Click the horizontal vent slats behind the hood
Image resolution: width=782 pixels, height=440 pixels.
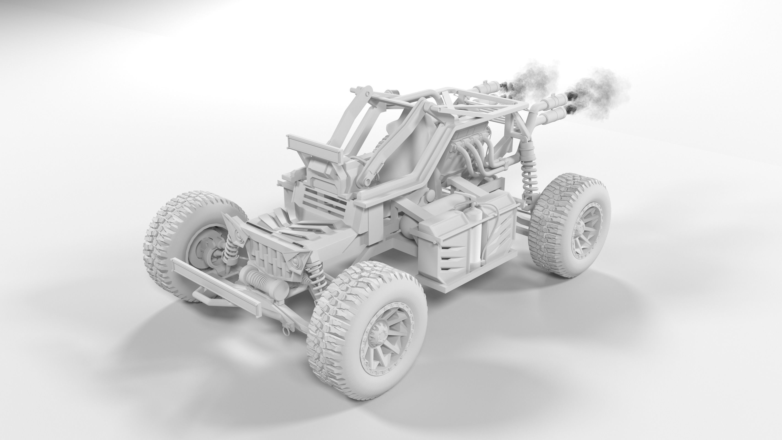click(x=325, y=199)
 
